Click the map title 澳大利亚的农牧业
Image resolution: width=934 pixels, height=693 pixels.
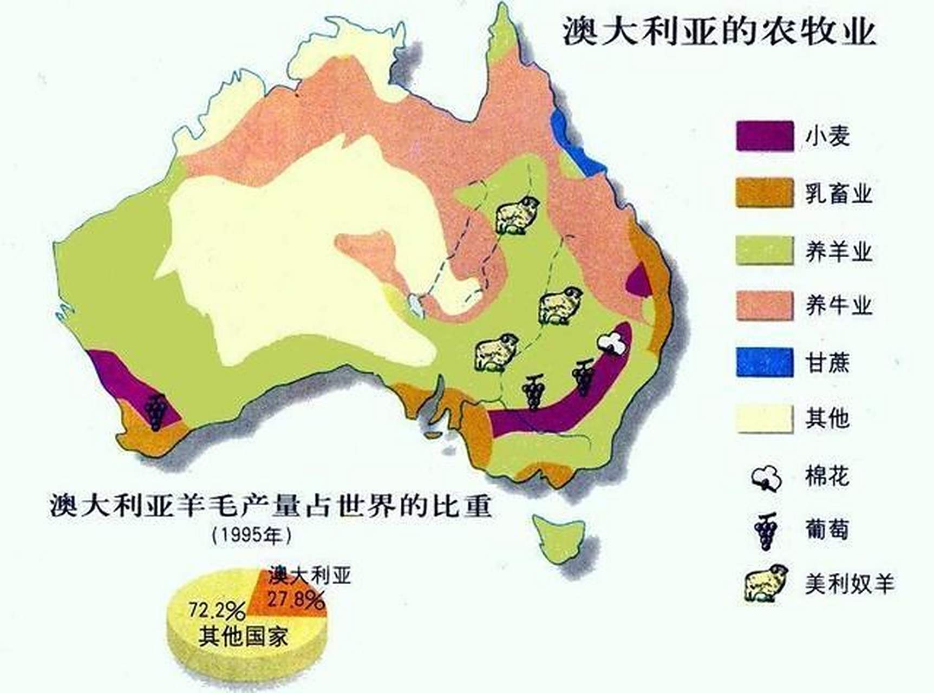point(719,31)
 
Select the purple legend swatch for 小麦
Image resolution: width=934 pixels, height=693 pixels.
point(764,136)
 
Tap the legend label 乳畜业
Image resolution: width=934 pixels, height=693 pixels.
point(838,194)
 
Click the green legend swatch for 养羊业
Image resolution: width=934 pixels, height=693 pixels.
point(764,250)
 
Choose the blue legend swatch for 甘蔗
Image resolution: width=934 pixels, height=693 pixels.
point(764,362)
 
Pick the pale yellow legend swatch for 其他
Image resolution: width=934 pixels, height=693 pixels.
point(764,419)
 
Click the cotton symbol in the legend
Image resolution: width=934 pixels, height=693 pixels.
point(767,478)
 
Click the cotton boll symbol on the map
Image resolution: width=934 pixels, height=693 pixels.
point(613,342)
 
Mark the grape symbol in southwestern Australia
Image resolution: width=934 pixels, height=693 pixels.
point(156,411)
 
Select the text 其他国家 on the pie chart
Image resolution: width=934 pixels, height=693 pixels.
point(243,637)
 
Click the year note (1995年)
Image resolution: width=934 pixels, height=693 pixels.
point(251,535)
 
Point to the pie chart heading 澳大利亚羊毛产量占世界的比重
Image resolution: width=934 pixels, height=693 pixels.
point(271,506)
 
